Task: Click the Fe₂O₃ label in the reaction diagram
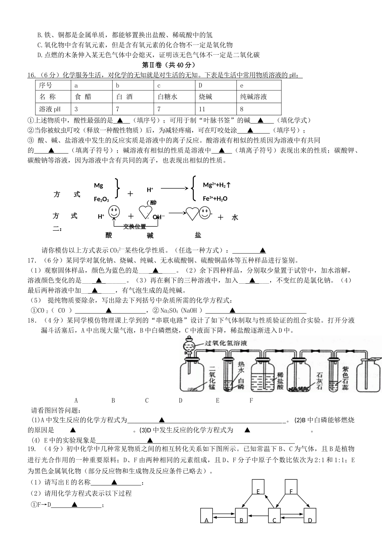pos(101,199)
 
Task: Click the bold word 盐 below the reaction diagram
pos(198,235)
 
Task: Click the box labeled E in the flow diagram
pos(258,487)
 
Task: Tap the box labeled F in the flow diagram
pos(291,487)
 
